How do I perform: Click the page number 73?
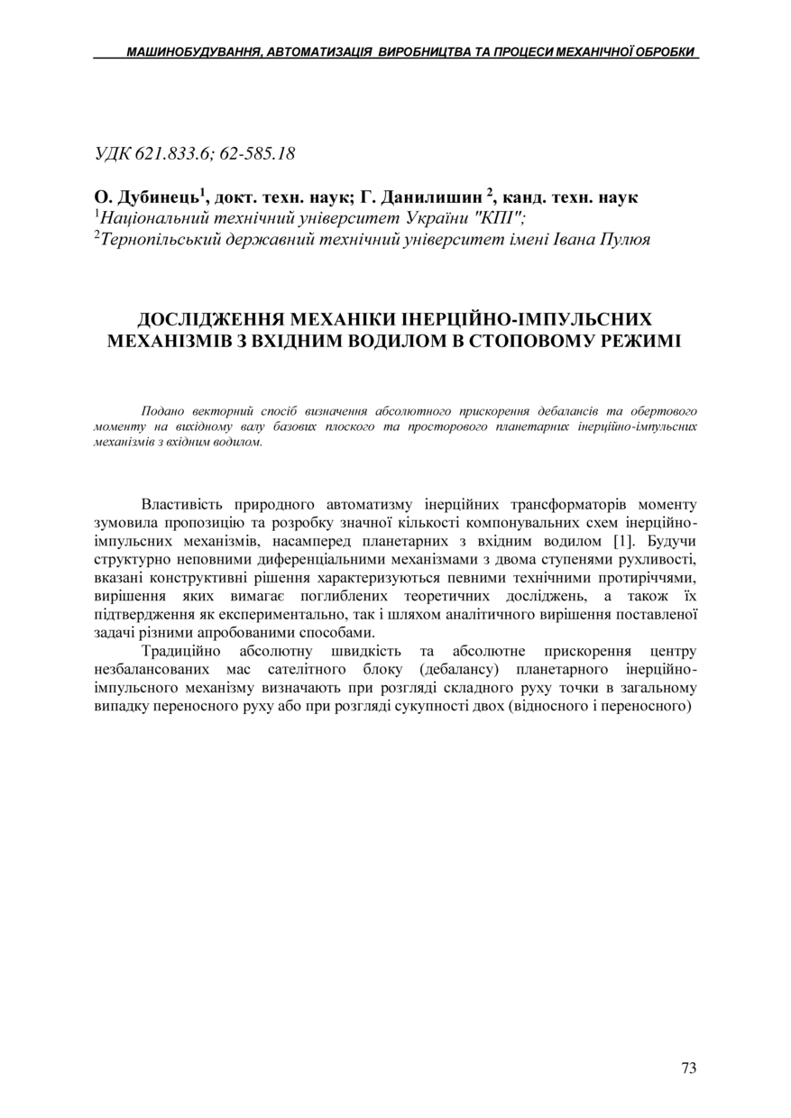[688, 1068]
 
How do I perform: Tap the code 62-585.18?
[257, 153]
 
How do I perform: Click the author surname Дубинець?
[159, 197]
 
